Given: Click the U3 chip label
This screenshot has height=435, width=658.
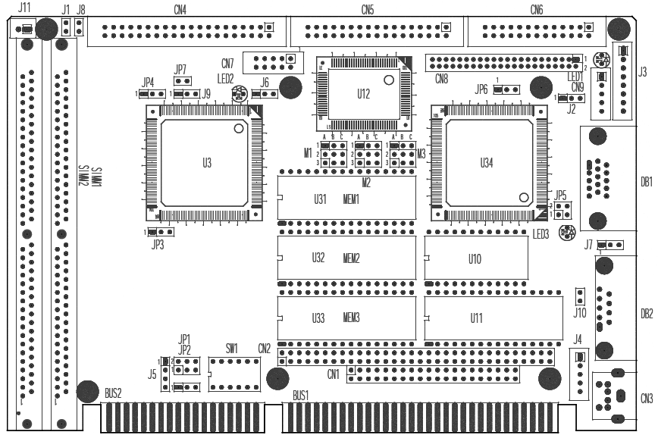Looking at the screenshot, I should (x=207, y=163).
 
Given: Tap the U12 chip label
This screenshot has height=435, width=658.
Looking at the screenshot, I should (x=363, y=94).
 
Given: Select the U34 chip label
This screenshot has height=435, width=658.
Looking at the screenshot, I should (x=486, y=163).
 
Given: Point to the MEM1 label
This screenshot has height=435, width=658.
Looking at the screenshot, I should (x=350, y=199).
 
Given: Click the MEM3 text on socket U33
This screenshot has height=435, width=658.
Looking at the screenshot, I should (x=350, y=318).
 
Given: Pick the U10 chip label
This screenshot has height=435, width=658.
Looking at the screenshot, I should (x=475, y=258).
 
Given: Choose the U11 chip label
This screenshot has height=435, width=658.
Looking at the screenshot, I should (x=476, y=318).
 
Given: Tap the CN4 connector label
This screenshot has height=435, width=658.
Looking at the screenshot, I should (x=180, y=10).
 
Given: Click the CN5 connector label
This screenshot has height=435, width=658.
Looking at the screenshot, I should (x=368, y=10).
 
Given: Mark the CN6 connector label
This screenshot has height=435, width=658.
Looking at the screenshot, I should (x=537, y=10).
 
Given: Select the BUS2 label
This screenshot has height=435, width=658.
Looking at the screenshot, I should (x=113, y=394).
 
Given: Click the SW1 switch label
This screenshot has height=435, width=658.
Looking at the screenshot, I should (x=232, y=349).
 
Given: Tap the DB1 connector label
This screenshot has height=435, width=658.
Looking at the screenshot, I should (x=646, y=181).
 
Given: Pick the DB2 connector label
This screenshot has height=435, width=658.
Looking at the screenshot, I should (x=646, y=313).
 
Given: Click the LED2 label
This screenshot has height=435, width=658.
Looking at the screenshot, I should (x=225, y=78).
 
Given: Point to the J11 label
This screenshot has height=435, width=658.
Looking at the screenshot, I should (x=25, y=8).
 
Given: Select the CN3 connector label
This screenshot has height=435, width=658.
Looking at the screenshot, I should (x=646, y=398).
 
